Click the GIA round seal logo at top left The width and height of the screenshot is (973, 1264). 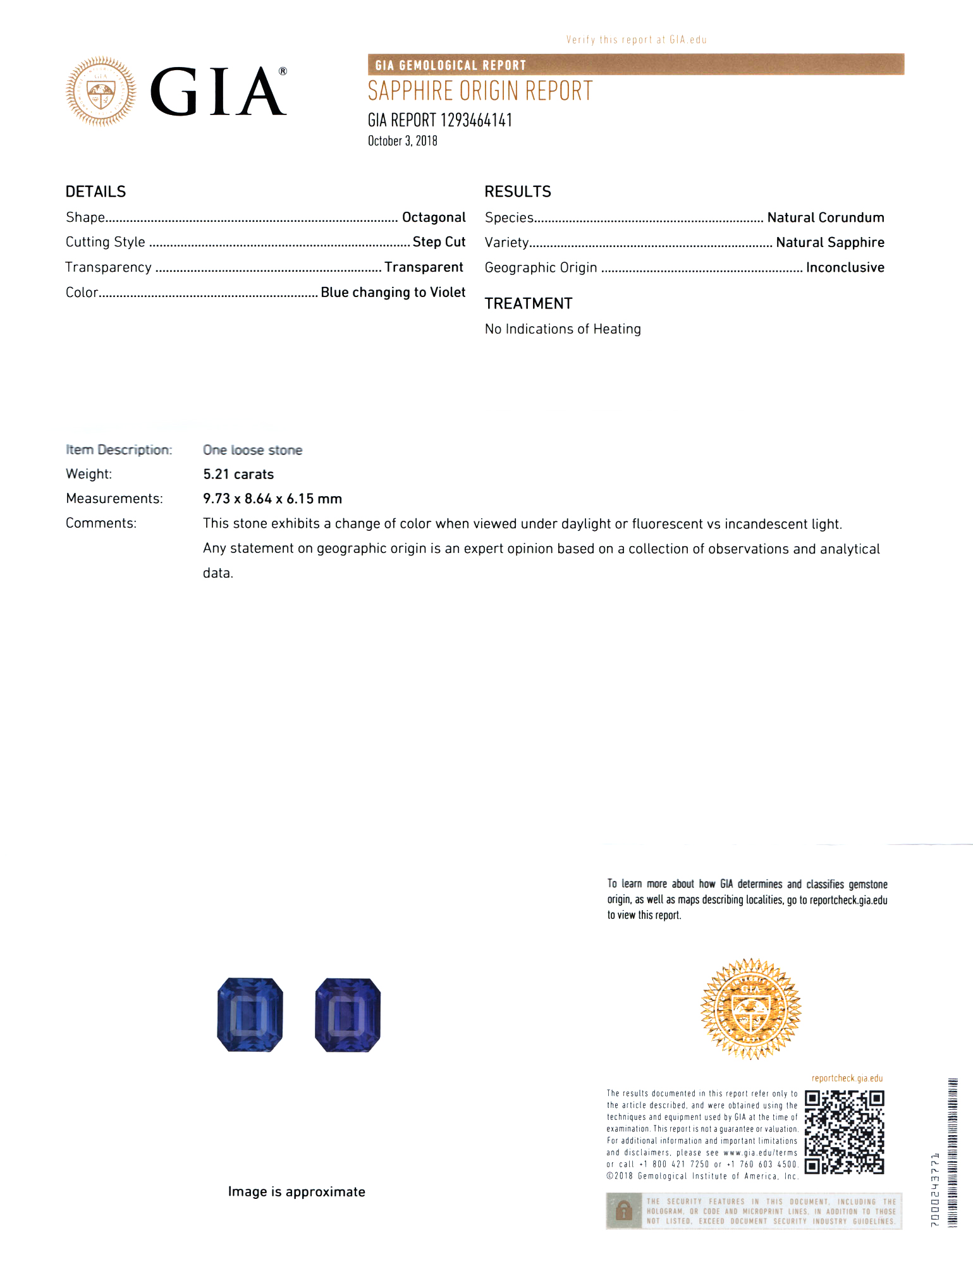(x=101, y=92)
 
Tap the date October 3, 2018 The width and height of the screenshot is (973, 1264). (x=403, y=141)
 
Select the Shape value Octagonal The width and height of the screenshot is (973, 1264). (x=434, y=217)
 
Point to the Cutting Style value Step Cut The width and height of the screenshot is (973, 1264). (x=439, y=242)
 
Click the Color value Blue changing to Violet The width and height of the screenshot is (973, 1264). (x=393, y=292)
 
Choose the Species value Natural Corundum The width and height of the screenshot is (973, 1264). (x=825, y=217)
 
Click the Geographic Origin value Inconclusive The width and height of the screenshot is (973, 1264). (x=845, y=267)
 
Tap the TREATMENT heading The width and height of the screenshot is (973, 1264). (x=529, y=303)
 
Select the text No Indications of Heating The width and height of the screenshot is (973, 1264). (x=563, y=329)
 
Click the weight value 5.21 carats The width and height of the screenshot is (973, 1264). (x=238, y=474)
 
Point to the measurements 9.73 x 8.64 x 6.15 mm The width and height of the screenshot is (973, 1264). (x=272, y=499)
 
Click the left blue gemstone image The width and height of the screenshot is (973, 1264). (x=250, y=1014)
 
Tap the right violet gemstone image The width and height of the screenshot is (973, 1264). (x=348, y=1014)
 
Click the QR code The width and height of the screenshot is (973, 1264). (x=844, y=1132)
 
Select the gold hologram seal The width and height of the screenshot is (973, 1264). (x=750, y=1008)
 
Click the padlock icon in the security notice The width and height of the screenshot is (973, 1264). (x=624, y=1210)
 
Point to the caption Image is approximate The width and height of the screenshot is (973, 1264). (x=297, y=1191)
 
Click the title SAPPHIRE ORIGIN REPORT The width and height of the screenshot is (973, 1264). (x=480, y=91)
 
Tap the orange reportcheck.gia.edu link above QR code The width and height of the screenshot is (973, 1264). (x=847, y=1078)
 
